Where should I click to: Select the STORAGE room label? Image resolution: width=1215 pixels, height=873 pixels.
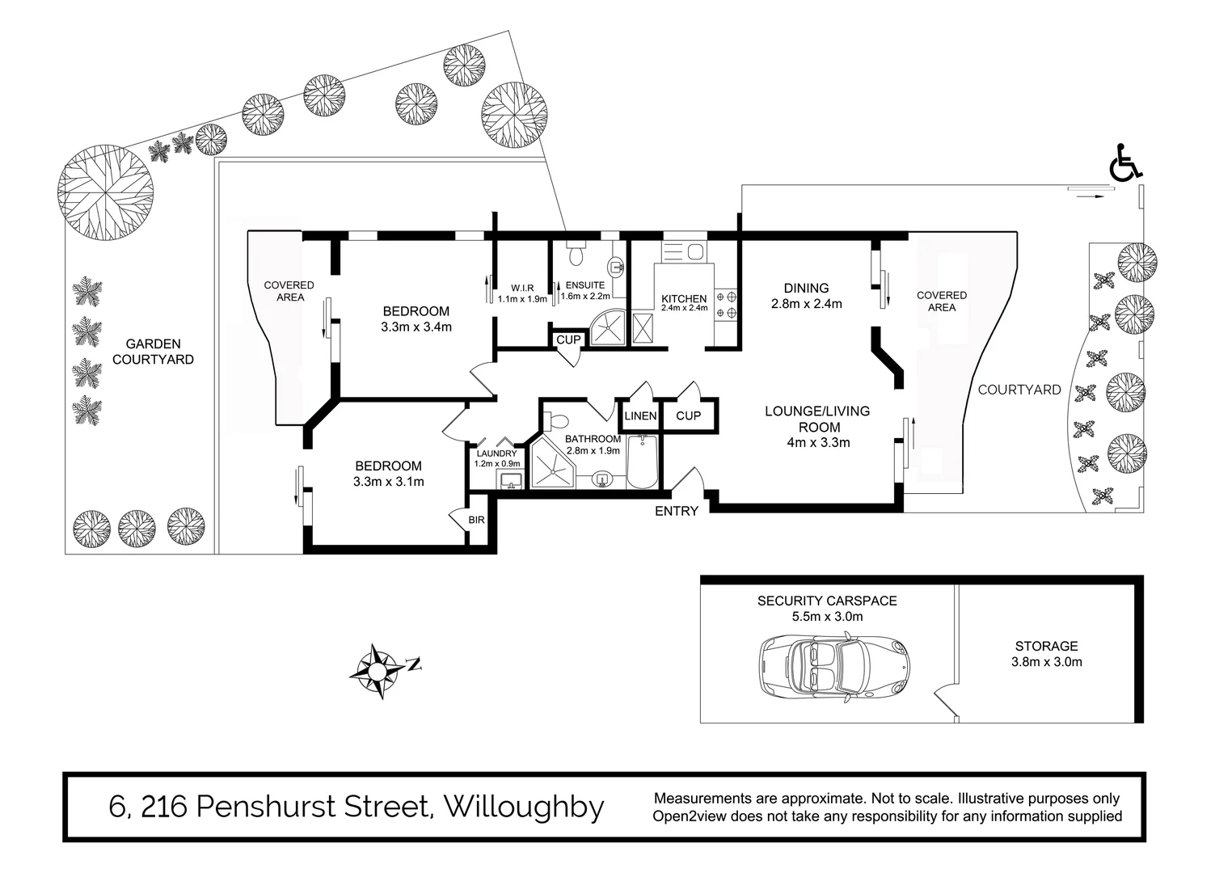(1046, 646)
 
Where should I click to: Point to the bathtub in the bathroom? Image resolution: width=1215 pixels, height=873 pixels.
(643, 462)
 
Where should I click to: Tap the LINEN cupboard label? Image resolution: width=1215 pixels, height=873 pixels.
(640, 415)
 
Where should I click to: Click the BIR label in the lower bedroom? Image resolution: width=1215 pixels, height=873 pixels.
(476, 520)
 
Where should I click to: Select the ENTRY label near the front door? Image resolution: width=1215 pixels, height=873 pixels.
(676, 511)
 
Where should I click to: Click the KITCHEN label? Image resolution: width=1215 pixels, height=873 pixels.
(684, 298)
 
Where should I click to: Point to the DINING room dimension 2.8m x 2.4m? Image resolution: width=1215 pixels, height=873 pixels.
(806, 304)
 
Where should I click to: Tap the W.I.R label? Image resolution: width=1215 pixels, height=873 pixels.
(522, 288)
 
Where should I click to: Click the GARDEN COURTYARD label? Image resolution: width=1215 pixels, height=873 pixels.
(153, 352)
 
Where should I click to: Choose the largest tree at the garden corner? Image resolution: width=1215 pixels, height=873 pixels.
(105, 192)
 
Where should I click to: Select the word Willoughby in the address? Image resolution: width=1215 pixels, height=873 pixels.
(525, 807)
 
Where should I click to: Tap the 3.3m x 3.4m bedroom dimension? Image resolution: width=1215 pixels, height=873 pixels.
(416, 327)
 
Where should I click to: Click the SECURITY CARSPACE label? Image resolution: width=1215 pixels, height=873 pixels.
(827, 601)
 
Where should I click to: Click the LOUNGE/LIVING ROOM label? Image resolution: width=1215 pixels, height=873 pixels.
(817, 419)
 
